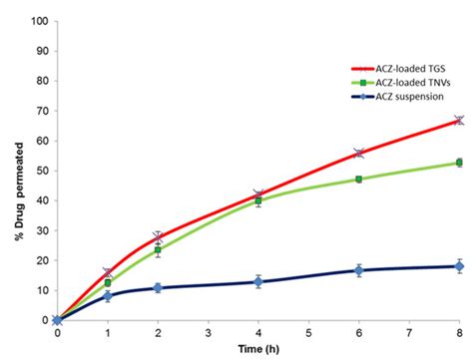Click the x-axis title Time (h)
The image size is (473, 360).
(257, 348)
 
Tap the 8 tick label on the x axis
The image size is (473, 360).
(459, 332)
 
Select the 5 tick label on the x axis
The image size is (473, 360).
(308, 332)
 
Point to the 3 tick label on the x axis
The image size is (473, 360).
(208, 332)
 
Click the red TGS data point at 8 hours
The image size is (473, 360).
(459, 120)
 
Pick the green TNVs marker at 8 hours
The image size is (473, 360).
(459, 163)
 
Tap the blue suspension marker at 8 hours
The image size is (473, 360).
(459, 266)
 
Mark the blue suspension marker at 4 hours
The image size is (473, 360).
(258, 282)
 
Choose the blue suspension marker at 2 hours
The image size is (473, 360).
(158, 288)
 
